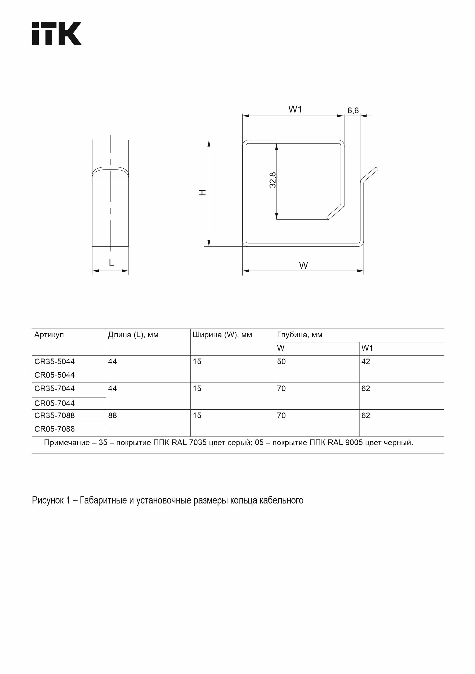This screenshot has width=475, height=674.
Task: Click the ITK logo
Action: (56, 33)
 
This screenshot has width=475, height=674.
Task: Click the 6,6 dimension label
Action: (353, 110)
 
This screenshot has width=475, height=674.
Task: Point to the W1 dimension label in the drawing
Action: (295, 109)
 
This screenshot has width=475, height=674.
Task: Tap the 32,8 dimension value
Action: (273, 180)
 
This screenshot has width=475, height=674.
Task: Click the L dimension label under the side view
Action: (111, 263)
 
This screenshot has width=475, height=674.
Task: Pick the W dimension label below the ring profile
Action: (303, 265)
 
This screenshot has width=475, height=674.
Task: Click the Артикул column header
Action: (49, 335)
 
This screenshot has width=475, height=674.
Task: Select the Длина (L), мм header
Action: (133, 335)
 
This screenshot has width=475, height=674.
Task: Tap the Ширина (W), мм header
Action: (222, 335)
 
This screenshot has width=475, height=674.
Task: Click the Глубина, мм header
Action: (299, 335)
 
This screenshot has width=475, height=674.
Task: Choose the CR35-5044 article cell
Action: (54, 362)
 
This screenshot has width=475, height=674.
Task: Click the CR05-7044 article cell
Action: (54, 403)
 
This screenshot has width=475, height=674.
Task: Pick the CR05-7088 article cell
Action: (54, 429)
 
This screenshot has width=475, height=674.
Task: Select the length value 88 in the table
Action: (113, 416)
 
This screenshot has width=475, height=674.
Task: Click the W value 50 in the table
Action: (281, 362)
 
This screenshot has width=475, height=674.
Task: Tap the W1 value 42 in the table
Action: (365, 362)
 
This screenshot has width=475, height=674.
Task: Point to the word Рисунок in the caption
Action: (47, 500)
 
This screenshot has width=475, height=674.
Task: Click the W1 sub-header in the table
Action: (367, 348)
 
